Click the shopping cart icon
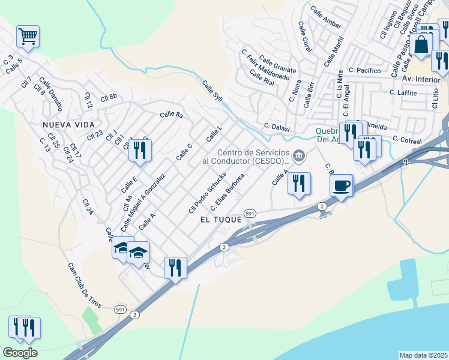(x=28, y=37)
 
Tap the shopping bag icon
(x=422, y=44)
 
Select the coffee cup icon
(x=342, y=185)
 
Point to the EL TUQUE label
(x=221, y=220)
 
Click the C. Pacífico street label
(x=364, y=71)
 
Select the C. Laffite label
(x=403, y=92)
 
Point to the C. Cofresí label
(x=408, y=139)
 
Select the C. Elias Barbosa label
(x=227, y=191)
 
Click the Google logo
(x=20, y=353)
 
